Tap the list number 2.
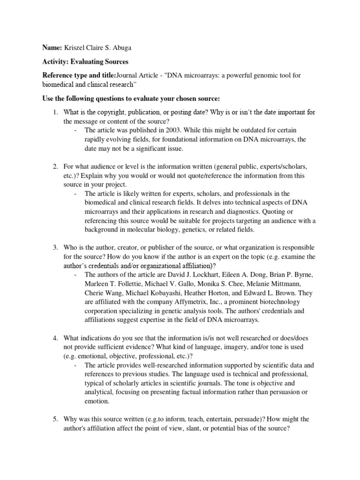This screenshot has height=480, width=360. pos(55,166)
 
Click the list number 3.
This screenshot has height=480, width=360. pos(55,247)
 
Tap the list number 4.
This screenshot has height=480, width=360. pos(55,338)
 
